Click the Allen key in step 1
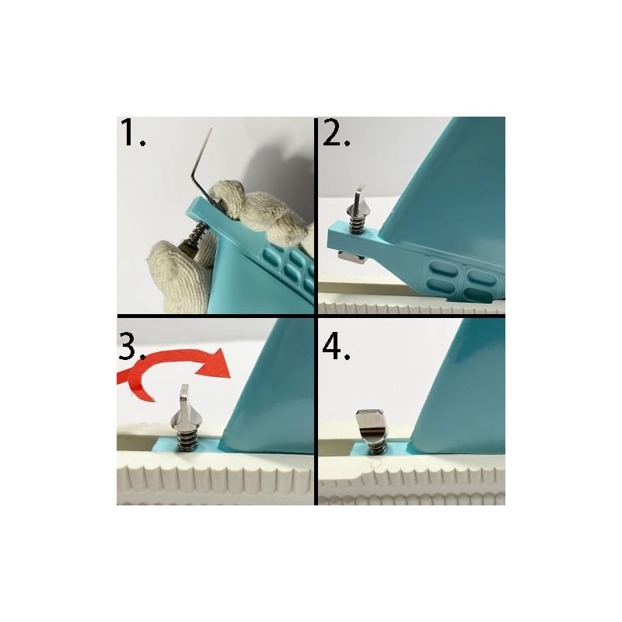tap(202, 167)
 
